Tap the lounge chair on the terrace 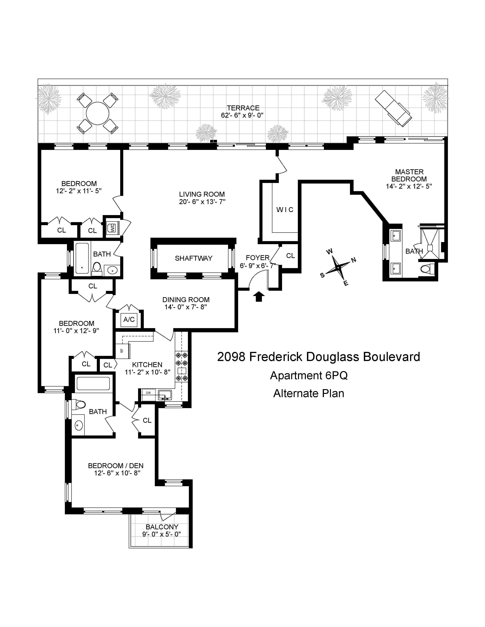point(393,108)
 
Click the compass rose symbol point(339,268)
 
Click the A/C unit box point(129,320)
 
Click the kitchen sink point(165,395)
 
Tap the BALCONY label point(162,527)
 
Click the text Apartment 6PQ point(309,375)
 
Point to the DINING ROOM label point(186,300)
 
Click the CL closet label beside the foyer point(290,256)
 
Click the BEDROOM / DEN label point(116,466)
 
